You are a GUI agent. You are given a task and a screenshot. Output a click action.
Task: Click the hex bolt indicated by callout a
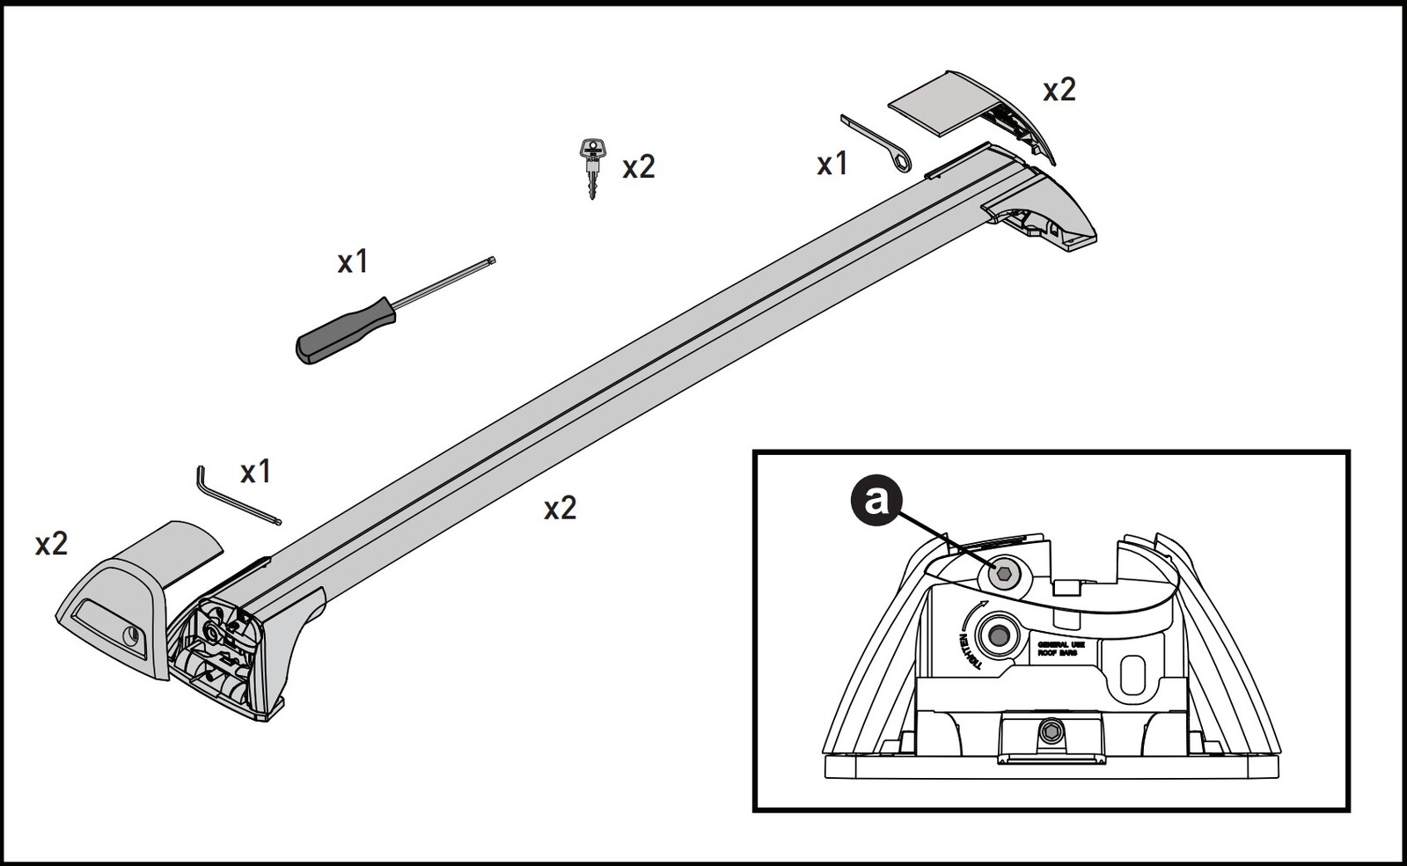1006,575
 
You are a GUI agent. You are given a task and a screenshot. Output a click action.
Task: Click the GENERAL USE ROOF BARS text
1060,649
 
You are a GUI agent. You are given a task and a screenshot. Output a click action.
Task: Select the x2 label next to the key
639,167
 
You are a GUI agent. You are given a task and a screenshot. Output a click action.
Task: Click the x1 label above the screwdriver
353,261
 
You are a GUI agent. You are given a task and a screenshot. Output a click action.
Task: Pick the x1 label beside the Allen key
255,472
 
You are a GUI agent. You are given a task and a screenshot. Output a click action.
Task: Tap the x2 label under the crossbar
560,508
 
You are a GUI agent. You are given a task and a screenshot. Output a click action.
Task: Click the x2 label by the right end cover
1059,90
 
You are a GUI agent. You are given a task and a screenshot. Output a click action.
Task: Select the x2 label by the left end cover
51,544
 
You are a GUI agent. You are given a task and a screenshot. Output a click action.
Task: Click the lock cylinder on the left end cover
131,635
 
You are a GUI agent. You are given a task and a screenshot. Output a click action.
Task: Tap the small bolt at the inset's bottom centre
1051,731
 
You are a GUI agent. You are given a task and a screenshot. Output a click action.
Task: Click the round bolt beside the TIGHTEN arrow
999,634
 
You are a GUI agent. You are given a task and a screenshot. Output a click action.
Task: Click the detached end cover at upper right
977,110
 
